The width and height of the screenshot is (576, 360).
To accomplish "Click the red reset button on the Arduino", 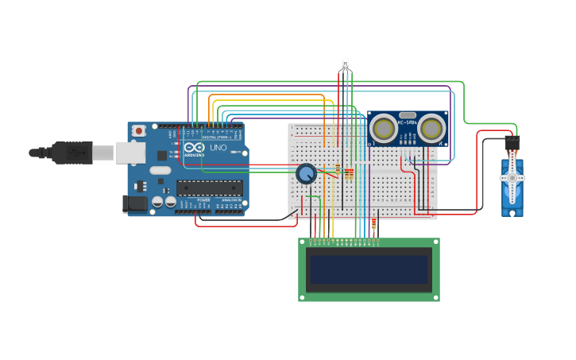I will pyautogui.click(x=139, y=130).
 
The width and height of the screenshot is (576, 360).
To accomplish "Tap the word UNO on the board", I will pyautogui.click(x=218, y=148).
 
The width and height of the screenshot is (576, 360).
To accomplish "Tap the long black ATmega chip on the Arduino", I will pyautogui.click(x=210, y=188).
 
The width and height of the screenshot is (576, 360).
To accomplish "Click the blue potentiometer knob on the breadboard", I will pyautogui.click(x=306, y=173).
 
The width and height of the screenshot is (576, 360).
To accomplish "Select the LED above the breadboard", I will pyautogui.click(x=345, y=64).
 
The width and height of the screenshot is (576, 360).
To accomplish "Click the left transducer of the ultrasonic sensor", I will pyautogui.click(x=384, y=128).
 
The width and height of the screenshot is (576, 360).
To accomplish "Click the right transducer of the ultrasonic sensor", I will pyautogui.click(x=431, y=127).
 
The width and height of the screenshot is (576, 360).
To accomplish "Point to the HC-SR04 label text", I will pyautogui.click(x=408, y=122).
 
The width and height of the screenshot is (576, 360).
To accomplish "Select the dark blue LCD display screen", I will pyautogui.click(x=369, y=270).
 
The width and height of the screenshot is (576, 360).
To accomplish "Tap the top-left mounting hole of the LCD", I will pyautogui.click(x=303, y=242).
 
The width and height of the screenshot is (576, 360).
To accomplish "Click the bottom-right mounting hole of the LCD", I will pyautogui.click(x=435, y=297).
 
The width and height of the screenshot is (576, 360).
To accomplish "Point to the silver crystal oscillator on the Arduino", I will pyautogui.click(x=160, y=170).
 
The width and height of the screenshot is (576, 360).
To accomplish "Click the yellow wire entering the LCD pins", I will pyautogui.click(x=333, y=230).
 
